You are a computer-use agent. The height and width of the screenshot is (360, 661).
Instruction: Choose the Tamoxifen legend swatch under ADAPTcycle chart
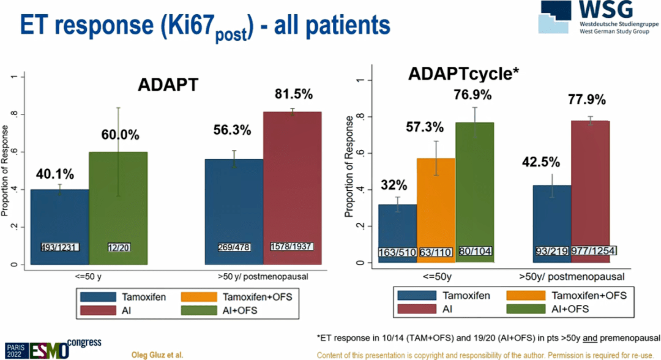pos(420,296)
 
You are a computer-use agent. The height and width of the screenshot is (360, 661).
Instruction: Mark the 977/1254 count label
pos(593,251)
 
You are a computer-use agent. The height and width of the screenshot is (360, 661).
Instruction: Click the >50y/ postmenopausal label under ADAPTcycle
pos(571,276)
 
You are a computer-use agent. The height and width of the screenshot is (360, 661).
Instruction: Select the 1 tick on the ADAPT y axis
pos(13,77)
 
